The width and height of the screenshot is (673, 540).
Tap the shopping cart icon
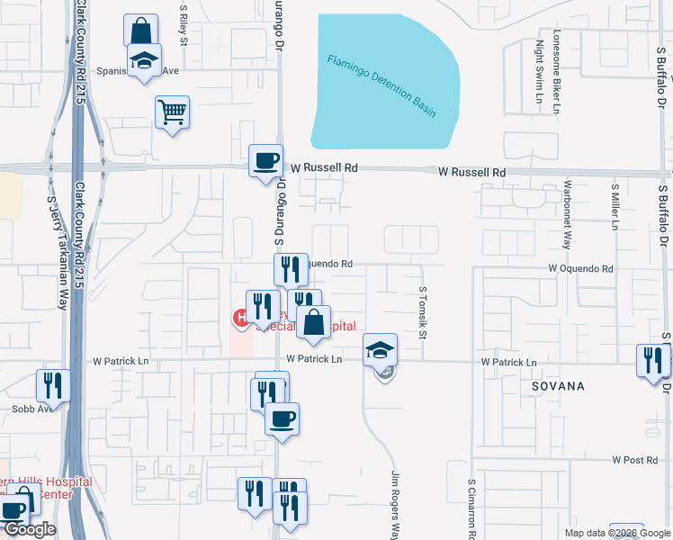point(172,113)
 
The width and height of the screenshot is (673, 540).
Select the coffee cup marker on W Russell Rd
point(265,161)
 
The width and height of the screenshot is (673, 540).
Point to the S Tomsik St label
point(422,313)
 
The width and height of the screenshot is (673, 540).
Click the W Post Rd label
point(634,460)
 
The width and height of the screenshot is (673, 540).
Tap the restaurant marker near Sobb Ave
point(53,386)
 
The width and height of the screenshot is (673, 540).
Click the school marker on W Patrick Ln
point(381,351)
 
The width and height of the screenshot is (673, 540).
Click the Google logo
point(30,529)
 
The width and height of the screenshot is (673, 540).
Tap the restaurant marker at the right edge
point(653,360)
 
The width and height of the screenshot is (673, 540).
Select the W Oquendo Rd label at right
point(580,269)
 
